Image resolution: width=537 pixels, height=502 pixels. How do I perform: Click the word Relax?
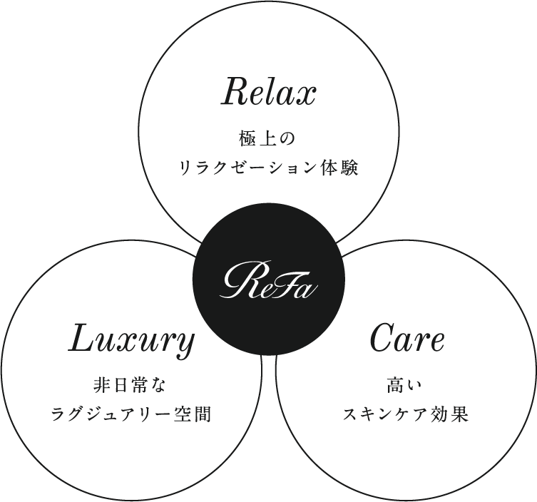pyautogui.click(x=268, y=92)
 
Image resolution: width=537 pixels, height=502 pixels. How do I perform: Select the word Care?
pyautogui.click(x=407, y=338)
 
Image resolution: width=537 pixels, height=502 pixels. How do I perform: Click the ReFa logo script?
pyautogui.click(x=268, y=280)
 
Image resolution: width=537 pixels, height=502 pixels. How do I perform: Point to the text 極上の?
pyautogui.click(x=267, y=140)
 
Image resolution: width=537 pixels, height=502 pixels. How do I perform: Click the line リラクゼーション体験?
pyautogui.click(x=269, y=168)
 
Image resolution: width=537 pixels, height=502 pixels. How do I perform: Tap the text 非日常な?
pyautogui.click(x=130, y=386)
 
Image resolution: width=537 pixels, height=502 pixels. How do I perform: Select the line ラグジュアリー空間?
pyautogui.click(x=131, y=414)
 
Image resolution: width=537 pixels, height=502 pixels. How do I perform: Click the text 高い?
pyautogui.click(x=405, y=386)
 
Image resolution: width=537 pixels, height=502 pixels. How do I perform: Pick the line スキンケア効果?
pyautogui.click(x=406, y=414)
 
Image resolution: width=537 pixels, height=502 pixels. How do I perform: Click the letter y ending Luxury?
pyautogui.click(x=185, y=345)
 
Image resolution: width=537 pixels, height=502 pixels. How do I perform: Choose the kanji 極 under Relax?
pyautogui.click(x=247, y=140)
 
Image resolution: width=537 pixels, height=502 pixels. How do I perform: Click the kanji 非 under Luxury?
pyautogui.click(x=101, y=386)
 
